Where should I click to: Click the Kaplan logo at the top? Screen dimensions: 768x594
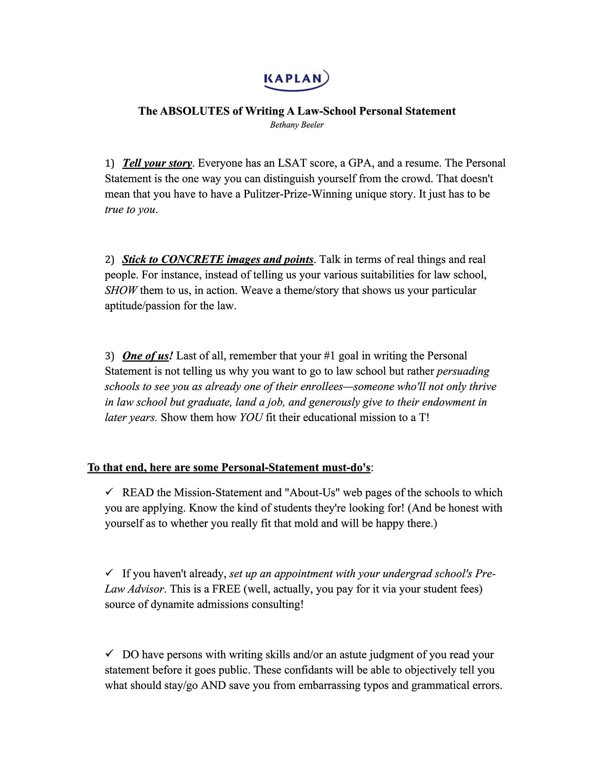pyautogui.click(x=297, y=79)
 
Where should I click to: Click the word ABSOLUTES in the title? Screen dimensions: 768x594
pyautogui.click(x=195, y=111)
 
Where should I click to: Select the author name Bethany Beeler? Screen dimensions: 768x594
pyautogui.click(x=297, y=125)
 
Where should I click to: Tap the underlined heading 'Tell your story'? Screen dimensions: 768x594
pyautogui.click(x=157, y=163)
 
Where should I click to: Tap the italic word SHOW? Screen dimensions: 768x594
pyautogui.click(x=121, y=291)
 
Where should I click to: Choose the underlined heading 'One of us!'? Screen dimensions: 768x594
pyautogui.click(x=147, y=356)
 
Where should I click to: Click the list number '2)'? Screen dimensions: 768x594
pyautogui.click(x=110, y=260)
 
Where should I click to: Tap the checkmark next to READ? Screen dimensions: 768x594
pyautogui.click(x=109, y=492)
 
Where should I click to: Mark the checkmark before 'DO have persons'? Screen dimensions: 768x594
pyautogui.click(x=109, y=654)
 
